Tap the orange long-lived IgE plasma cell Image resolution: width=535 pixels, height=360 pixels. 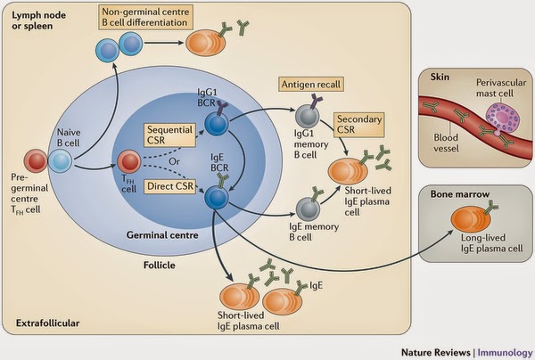[465, 217]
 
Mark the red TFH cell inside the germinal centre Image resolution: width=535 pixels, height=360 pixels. [129, 162]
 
